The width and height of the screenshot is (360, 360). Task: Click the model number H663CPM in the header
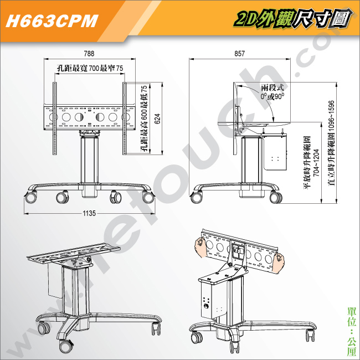[x=52, y=21]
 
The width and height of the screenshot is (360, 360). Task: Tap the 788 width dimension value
[x=89, y=54]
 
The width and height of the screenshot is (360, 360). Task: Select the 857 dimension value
[x=239, y=54]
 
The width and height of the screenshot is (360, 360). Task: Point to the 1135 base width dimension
[x=89, y=213]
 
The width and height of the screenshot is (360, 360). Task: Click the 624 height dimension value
[x=157, y=119]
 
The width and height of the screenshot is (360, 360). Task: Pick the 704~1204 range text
[x=316, y=162]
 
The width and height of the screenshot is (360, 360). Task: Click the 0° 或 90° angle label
[x=272, y=96]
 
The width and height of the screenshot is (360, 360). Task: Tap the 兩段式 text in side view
[x=272, y=88]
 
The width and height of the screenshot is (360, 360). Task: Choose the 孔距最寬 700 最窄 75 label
[x=90, y=68]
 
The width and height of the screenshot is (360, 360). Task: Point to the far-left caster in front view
[x=31, y=198]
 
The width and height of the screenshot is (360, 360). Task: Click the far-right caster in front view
[x=148, y=198]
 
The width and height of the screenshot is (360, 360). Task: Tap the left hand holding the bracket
[x=200, y=247]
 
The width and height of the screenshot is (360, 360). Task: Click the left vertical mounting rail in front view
[x=55, y=119]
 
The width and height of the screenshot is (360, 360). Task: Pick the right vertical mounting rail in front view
[x=125, y=119]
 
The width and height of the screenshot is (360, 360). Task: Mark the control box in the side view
[x=275, y=153]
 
